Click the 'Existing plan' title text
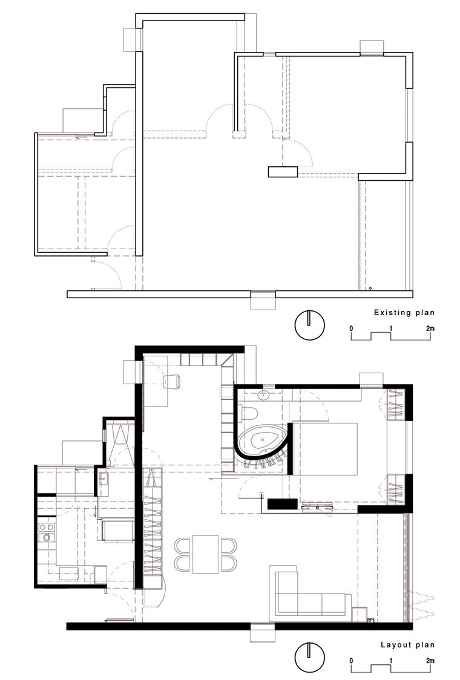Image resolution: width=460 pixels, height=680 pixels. click(x=404, y=312)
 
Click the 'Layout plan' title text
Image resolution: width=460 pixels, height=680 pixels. click(x=407, y=645)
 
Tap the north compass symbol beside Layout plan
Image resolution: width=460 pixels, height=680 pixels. click(x=309, y=658)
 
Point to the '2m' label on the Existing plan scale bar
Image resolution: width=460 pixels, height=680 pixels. click(x=430, y=329)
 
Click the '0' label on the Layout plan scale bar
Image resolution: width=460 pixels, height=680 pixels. click(x=351, y=661)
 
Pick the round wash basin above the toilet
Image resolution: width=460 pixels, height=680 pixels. click(x=263, y=395)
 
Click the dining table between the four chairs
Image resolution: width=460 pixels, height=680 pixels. click(x=205, y=554)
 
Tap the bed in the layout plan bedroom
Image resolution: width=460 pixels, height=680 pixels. click(x=326, y=449)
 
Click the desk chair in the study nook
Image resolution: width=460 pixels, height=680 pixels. click(x=172, y=382)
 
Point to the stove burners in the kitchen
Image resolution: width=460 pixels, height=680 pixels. click(x=47, y=532)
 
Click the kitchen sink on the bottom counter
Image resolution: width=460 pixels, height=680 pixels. click(x=68, y=574)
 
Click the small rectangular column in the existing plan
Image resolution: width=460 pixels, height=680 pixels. click(x=283, y=172)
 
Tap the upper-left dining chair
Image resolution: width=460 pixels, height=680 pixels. click(x=183, y=545)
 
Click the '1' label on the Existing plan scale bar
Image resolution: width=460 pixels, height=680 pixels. click(x=390, y=329)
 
